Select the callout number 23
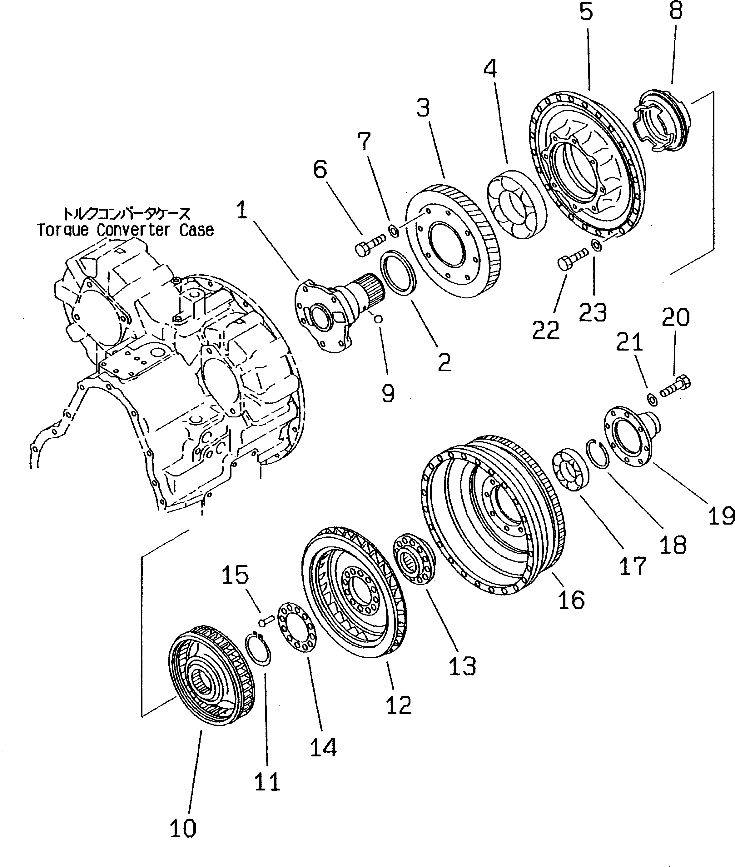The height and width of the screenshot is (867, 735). click(x=593, y=312)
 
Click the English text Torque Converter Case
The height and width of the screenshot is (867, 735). click(x=125, y=230)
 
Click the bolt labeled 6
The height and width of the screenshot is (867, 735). click(x=369, y=245)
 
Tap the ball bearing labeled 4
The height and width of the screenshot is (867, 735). click(x=516, y=204)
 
